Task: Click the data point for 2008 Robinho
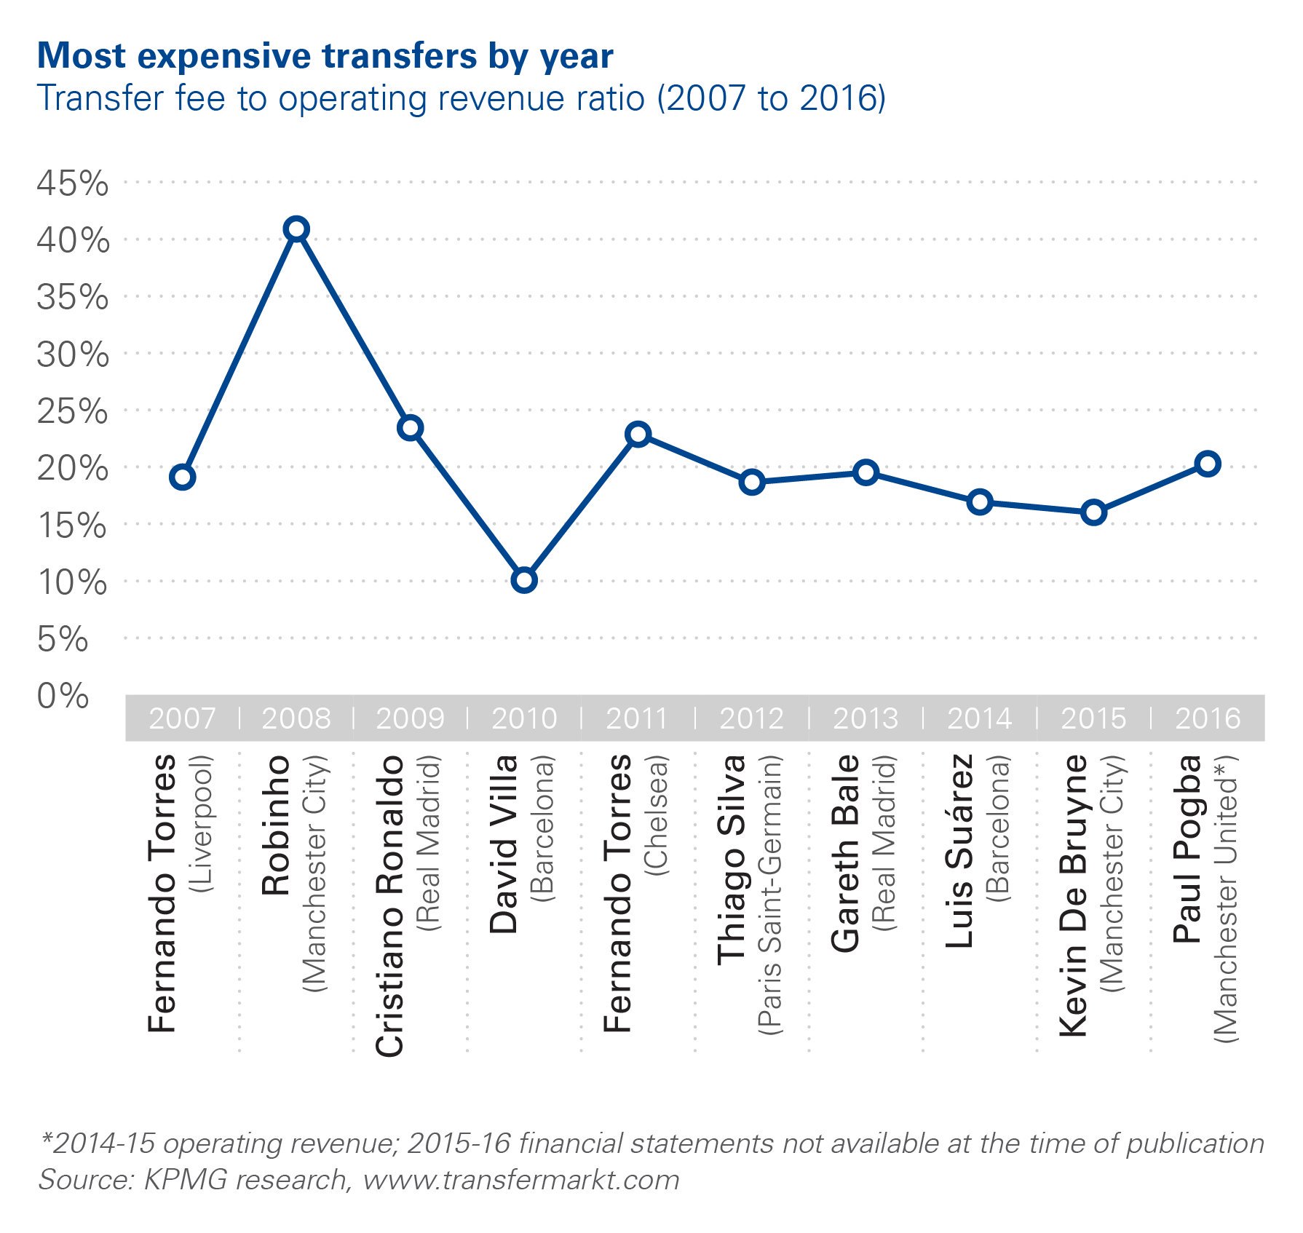coord(296,229)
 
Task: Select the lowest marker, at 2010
coord(524,580)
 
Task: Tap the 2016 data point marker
coord(1208,464)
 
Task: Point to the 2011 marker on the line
coord(638,435)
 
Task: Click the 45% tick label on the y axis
coord(72,183)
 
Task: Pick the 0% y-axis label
coord(63,696)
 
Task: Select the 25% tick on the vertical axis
coord(72,411)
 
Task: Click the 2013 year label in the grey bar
coord(866,718)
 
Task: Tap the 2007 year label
coord(182,718)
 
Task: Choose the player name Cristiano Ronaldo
coord(389,905)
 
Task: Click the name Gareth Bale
coord(845,853)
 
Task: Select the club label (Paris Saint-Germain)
coord(770,895)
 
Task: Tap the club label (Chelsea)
coord(657,815)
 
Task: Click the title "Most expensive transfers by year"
coord(325,56)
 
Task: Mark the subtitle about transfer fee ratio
coord(461,98)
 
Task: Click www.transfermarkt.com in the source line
coord(520,1179)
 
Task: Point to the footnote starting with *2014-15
coord(651,1143)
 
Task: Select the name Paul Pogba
coord(1187,849)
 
